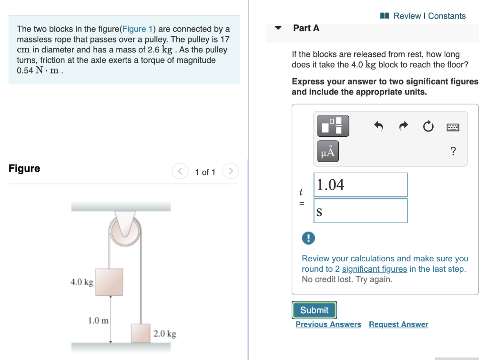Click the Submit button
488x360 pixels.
point(314,310)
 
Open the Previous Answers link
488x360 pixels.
point(328,324)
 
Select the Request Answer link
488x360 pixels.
point(398,324)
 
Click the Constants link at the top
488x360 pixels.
point(447,16)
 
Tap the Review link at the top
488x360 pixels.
point(407,16)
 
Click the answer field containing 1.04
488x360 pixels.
point(360,185)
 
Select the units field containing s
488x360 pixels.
point(360,211)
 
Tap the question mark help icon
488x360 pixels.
point(453,152)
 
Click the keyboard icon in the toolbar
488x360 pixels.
point(453,127)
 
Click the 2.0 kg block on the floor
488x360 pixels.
point(141,333)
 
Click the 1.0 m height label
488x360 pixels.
point(99,320)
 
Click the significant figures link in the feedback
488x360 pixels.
point(374,269)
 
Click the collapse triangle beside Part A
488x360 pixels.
point(279,28)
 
